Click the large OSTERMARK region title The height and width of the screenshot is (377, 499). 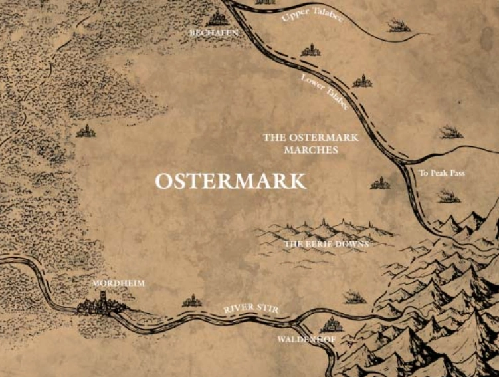[231, 181]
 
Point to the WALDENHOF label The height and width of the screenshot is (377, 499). [307, 339]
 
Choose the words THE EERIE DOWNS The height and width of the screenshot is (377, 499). [326, 245]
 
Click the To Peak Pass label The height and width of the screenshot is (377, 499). [442, 174]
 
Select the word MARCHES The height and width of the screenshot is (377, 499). [311, 150]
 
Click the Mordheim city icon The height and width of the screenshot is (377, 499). [100, 305]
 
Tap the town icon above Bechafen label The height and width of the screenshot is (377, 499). [216, 18]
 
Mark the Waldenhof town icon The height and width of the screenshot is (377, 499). [330, 324]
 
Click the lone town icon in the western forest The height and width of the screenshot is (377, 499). [85, 131]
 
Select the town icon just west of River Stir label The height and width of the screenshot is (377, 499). [192, 301]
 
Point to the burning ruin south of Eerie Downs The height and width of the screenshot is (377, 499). [354, 297]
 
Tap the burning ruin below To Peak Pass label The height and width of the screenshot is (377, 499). [449, 195]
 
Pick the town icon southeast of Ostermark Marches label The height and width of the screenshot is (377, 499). [380, 182]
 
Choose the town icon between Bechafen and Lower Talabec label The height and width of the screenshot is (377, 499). [310, 49]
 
